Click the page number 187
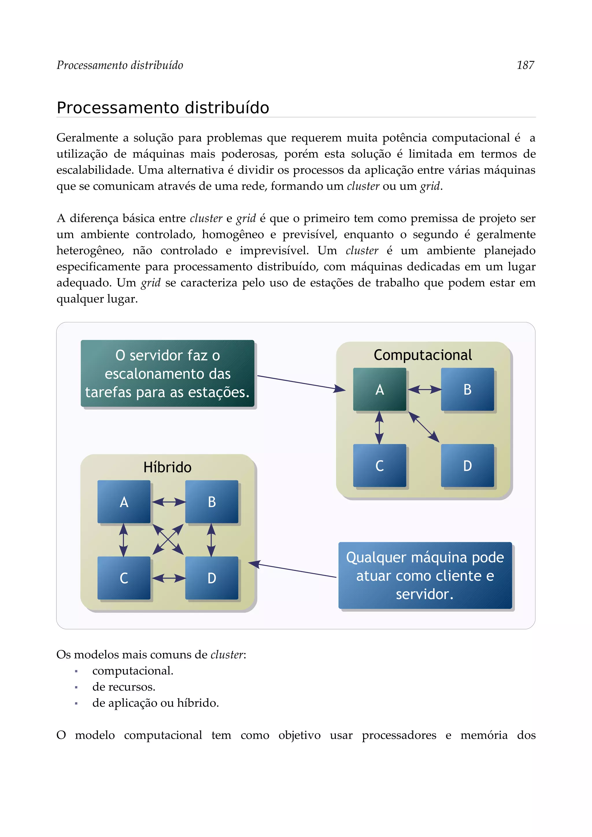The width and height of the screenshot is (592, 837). (525, 65)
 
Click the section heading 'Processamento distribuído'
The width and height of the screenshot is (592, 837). (163, 108)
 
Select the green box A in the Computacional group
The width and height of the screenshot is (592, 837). (379, 389)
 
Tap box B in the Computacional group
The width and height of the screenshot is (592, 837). (467, 389)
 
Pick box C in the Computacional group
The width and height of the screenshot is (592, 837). (379, 466)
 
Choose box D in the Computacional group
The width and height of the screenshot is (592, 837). (467, 466)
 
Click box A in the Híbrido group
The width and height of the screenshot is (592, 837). (124, 502)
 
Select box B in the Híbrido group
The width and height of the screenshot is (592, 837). (212, 502)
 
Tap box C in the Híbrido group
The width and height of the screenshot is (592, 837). (124, 578)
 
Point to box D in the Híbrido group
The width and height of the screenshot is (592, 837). (212, 578)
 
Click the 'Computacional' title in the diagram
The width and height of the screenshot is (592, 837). (423, 355)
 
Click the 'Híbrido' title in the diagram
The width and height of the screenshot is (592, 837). (167, 467)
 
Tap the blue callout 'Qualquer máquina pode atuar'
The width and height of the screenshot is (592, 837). (425, 576)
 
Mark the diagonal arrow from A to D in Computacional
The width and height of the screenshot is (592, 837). (423, 427)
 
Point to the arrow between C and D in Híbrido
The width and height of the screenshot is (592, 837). (168, 578)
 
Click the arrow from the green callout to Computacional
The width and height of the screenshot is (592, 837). (301, 383)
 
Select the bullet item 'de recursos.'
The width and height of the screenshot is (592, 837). (124, 687)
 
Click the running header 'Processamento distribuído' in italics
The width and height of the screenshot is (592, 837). (120, 65)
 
